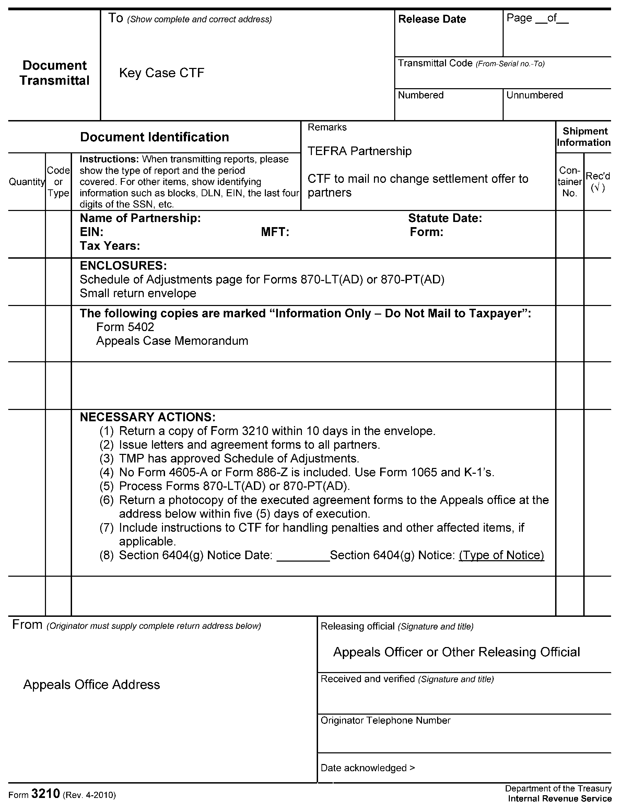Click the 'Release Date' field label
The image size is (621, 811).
click(432, 19)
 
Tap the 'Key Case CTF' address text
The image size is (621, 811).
click(162, 73)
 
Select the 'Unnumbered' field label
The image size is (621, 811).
click(534, 95)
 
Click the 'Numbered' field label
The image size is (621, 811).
click(421, 95)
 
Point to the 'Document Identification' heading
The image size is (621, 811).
click(154, 137)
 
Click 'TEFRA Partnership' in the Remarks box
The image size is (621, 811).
click(359, 151)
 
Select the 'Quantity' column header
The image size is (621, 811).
click(27, 182)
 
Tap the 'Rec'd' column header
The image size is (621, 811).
click(598, 177)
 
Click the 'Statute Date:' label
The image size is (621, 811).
click(445, 218)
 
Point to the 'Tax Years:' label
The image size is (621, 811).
click(110, 246)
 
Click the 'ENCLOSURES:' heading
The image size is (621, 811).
click(123, 266)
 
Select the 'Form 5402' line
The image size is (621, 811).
click(125, 327)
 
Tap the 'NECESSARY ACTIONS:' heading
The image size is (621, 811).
click(148, 417)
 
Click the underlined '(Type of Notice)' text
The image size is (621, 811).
click(501, 555)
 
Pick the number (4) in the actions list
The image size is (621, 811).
click(106, 472)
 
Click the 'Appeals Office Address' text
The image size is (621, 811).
click(92, 685)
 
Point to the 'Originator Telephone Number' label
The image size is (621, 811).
click(386, 720)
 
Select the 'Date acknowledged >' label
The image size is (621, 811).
click(368, 768)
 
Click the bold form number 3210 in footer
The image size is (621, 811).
click(46, 794)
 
